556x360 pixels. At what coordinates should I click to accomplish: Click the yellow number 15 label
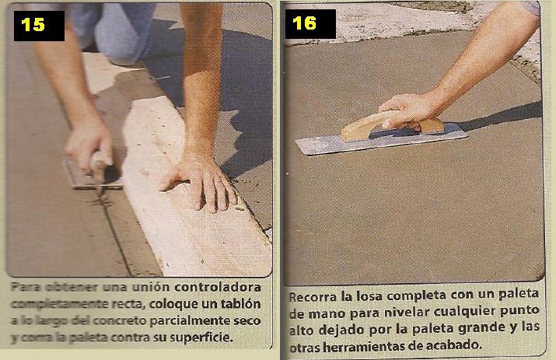tap(33, 24)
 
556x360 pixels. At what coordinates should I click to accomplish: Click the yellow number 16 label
tap(305, 23)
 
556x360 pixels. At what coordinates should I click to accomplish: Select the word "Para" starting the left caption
tap(24, 286)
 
